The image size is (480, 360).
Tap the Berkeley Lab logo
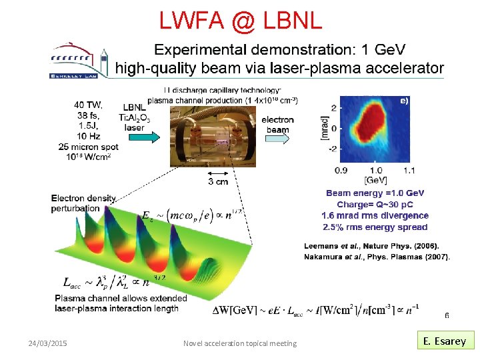point(79,61)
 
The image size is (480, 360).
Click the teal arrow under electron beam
point(278,131)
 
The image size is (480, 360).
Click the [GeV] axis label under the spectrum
point(375,181)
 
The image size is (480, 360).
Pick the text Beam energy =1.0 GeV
point(375,193)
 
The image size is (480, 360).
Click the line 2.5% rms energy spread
point(375,227)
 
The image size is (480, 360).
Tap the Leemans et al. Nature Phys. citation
point(371,245)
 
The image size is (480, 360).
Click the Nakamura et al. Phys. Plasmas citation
point(377,256)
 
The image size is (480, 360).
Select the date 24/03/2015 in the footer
point(47,343)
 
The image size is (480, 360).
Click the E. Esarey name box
point(445,341)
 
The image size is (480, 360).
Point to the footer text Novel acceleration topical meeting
point(240,343)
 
